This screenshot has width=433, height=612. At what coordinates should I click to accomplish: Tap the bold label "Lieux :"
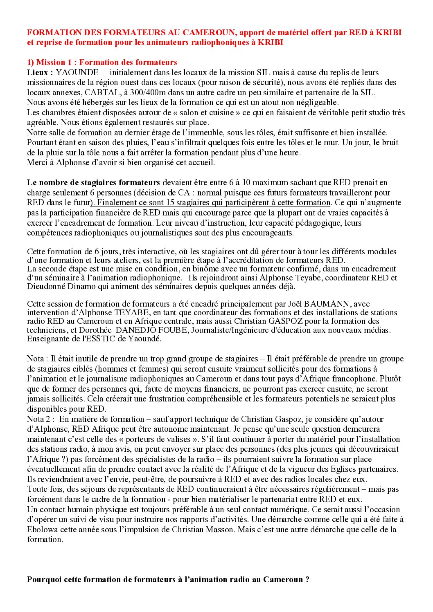(x=40, y=72)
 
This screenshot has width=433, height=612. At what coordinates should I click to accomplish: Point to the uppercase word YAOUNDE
(x=77, y=72)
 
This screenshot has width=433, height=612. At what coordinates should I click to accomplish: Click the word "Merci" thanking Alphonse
(x=37, y=162)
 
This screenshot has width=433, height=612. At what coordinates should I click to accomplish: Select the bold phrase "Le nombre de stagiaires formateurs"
(x=93, y=182)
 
